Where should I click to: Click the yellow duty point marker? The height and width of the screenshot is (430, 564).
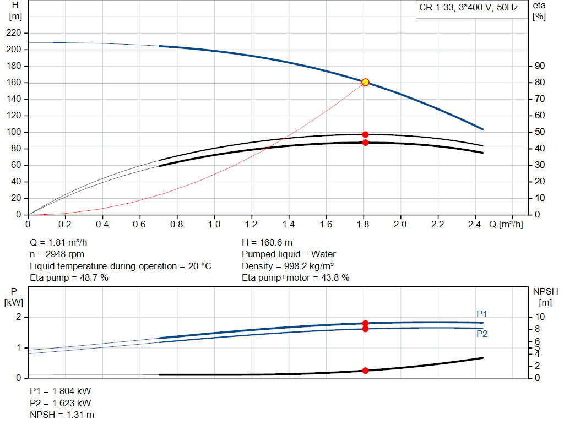(x=365, y=82)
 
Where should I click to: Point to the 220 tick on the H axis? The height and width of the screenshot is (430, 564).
(x=15, y=33)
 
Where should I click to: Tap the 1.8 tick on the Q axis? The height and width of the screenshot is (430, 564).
(x=363, y=225)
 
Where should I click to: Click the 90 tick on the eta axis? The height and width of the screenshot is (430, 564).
(x=539, y=66)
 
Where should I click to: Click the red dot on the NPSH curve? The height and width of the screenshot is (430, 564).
(x=365, y=371)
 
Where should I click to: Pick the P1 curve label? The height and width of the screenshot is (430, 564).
(x=482, y=314)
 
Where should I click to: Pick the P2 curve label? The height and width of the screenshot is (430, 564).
(x=482, y=334)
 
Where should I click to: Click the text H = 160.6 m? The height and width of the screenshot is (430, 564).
(x=267, y=242)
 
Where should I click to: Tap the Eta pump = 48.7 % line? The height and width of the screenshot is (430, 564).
(x=69, y=278)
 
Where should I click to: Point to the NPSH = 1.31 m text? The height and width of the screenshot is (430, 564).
(x=62, y=415)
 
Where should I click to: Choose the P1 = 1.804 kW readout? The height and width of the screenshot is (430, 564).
(x=61, y=391)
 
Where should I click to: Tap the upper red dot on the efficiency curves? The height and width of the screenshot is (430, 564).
(x=365, y=134)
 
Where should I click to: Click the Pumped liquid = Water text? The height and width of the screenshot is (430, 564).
(x=289, y=254)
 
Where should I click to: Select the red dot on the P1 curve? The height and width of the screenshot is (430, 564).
(x=365, y=323)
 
